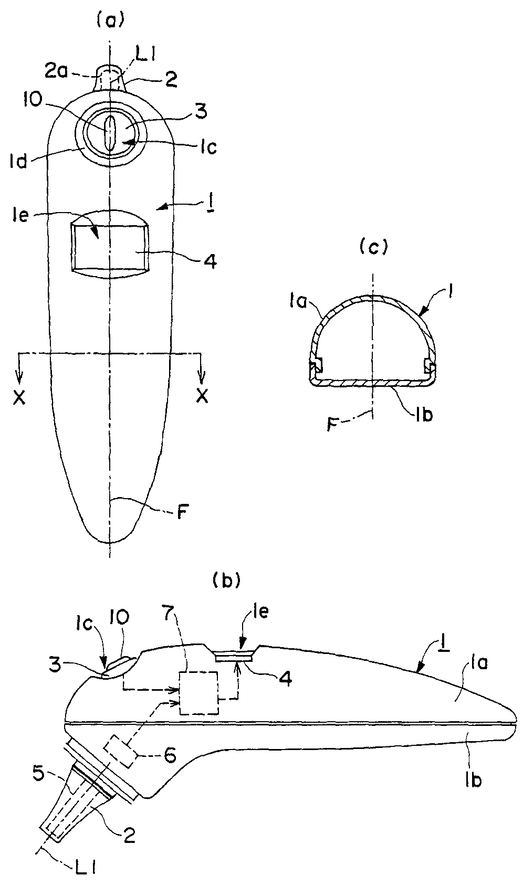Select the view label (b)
(x=226, y=580)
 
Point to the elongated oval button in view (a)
(x=110, y=133)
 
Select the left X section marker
(x=19, y=397)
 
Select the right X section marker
(x=201, y=397)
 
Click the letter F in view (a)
(x=181, y=511)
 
